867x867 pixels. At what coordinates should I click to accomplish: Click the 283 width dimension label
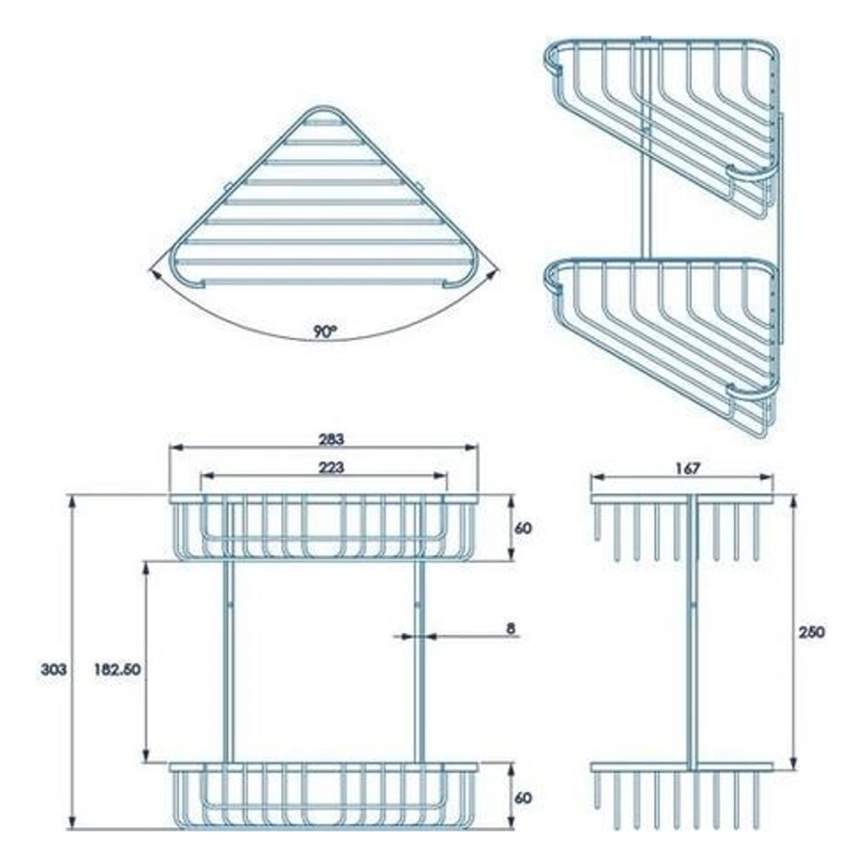point(330,439)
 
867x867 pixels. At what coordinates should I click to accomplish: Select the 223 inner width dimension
point(330,467)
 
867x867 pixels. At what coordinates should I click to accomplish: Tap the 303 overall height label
point(53,670)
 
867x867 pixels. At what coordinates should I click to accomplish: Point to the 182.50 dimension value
point(117,670)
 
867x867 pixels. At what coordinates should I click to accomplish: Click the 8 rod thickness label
point(511,628)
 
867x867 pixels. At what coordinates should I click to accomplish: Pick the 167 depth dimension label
point(687,468)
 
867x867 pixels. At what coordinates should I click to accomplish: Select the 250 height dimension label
point(811,631)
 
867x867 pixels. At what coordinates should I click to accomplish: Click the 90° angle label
point(326,331)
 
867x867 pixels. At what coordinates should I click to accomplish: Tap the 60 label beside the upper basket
point(522,528)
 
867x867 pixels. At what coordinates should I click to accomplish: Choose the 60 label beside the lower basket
point(522,798)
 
